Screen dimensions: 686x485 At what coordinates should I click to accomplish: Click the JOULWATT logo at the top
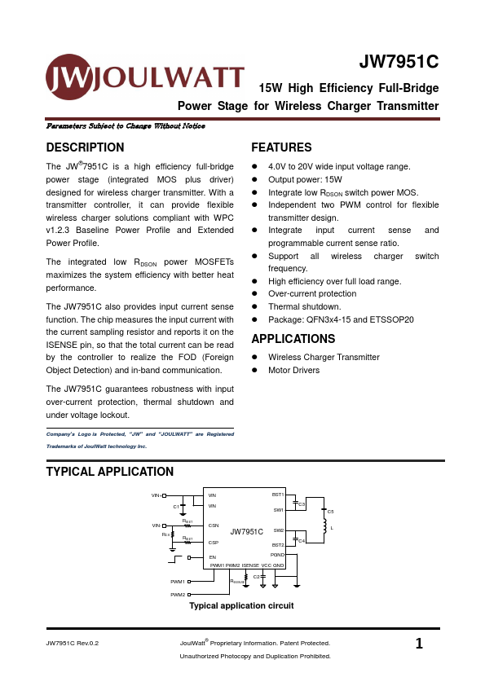(144, 77)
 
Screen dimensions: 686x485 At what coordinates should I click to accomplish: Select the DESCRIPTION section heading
(85, 147)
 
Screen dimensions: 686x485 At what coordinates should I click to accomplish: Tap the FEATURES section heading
(281, 147)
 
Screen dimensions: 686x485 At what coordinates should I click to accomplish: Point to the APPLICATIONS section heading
(293, 339)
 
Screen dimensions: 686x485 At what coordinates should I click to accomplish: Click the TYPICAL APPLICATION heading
(109, 472)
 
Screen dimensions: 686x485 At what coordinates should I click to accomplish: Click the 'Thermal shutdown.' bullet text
(306, 307)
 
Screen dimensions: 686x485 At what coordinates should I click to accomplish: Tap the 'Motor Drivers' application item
(293, 371)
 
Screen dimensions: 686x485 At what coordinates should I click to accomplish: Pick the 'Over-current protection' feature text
(312, 294)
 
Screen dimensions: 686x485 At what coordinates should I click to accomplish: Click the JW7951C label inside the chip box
(246, 531)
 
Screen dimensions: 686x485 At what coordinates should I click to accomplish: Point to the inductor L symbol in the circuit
(324, 524)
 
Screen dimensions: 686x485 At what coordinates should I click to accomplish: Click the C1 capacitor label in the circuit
(175, 507)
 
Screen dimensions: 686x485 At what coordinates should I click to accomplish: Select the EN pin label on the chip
(212, 557)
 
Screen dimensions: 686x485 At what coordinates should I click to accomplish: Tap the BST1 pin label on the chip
(277, 495)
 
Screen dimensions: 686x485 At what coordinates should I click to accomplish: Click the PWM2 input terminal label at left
(178, 595)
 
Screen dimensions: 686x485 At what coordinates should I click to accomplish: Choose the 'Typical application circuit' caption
(241, 606)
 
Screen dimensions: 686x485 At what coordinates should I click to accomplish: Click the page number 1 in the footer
(419, 644)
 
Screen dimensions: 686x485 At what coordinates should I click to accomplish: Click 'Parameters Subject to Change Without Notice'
(126, 126)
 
